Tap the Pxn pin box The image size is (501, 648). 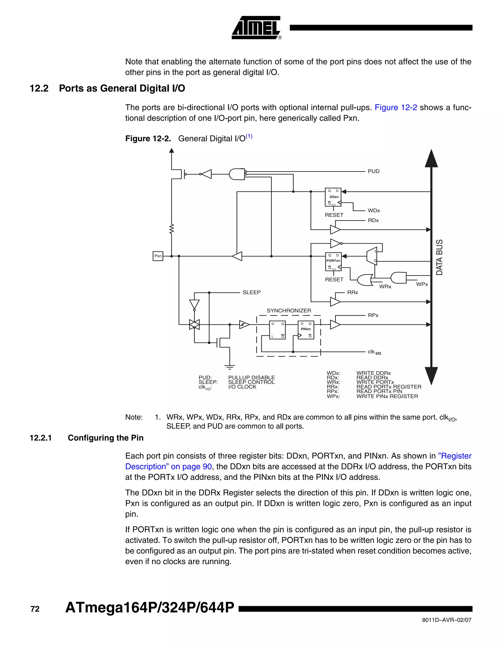[158, 256]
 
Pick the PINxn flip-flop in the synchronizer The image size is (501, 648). [306, 330]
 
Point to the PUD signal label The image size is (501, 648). [373, 171]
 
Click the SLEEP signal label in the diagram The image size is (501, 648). [251, 292]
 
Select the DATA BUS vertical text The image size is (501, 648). [440, 257]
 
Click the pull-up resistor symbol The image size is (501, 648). [171, 229]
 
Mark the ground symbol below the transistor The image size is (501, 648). [230, 367]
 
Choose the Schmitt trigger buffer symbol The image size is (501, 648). [244, 324]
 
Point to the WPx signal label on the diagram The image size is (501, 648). [422, 284]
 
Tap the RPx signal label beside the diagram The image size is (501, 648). [373, 315]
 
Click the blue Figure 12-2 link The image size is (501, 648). [396, 107]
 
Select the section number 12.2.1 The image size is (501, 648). [41, 438]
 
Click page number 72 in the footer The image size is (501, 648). [35, 609]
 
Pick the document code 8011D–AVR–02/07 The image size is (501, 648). [446, 620]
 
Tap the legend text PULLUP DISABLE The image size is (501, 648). [251, 377]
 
